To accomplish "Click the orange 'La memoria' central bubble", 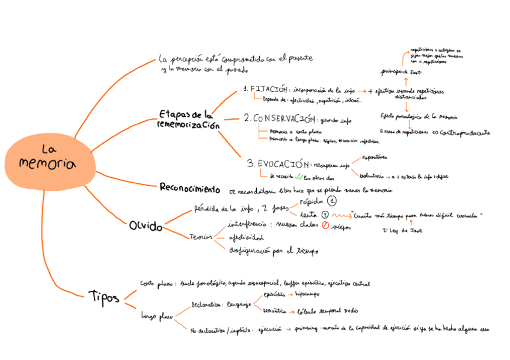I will tap(49, 159).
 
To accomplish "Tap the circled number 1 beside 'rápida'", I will tap(332, 201).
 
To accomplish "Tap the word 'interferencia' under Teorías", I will tap(245, 224).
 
